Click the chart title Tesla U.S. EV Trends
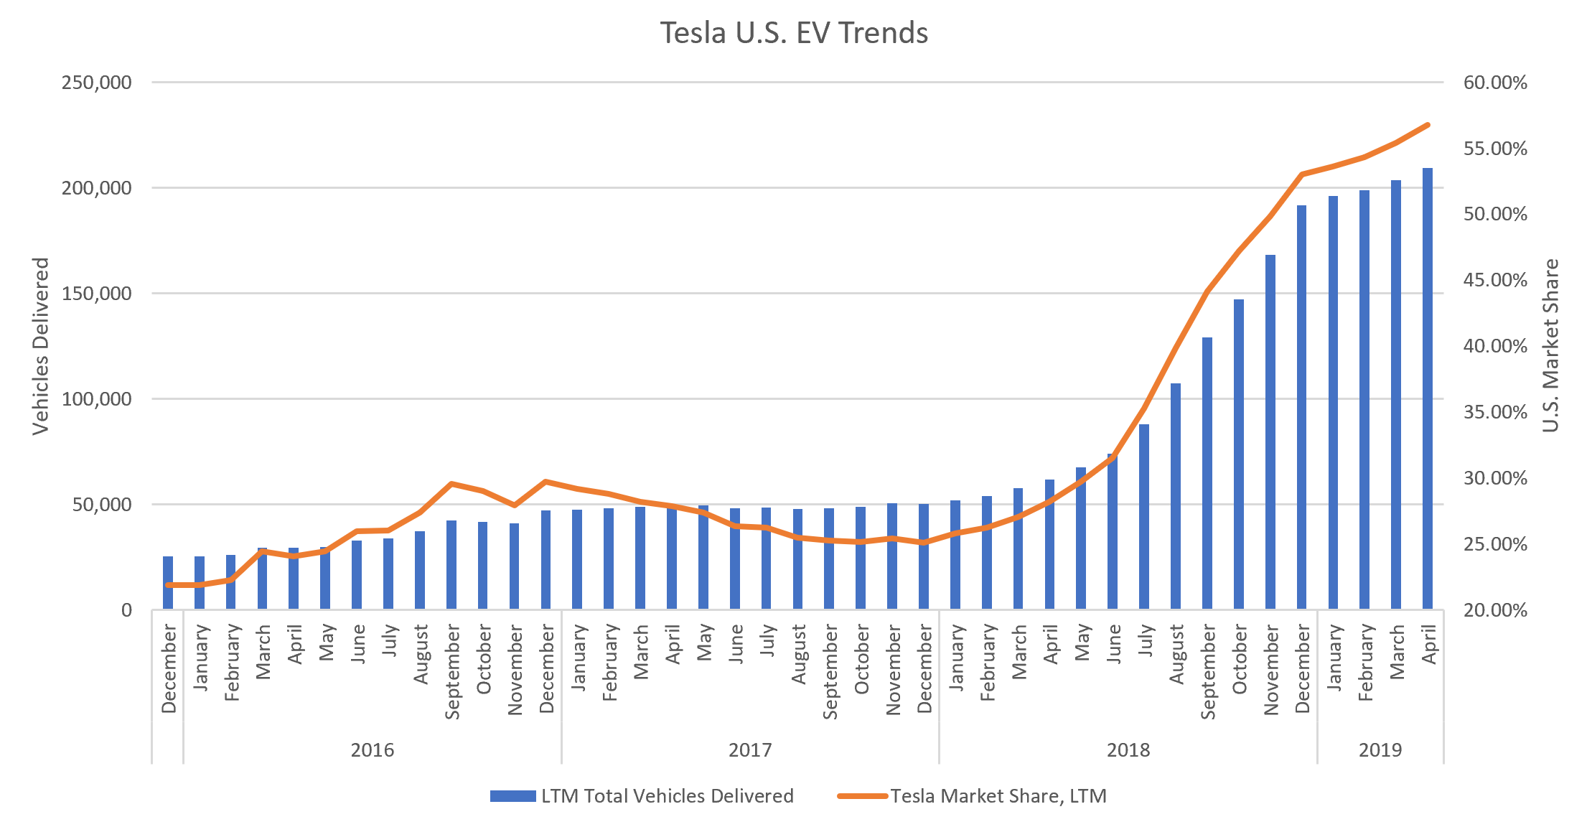coord(794,33)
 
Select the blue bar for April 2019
coord(1428,388)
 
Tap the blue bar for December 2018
coord(1301,406)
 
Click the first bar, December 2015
coord(168,582)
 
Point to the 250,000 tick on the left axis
coord(97,83)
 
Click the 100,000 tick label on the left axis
coord(97,399)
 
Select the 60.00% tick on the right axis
coord(1495,83)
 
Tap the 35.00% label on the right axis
coord(1495,412)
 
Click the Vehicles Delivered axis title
coord(41,346)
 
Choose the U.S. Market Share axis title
coord(1550,346)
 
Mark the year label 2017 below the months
coord(750,750)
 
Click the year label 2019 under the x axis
coord(1380,750)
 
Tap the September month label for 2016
coord(451,671)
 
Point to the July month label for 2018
coord(1145,640)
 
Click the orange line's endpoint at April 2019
coord(1428,125)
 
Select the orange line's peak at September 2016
coord(451,484)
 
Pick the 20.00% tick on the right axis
coord(1495,610)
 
